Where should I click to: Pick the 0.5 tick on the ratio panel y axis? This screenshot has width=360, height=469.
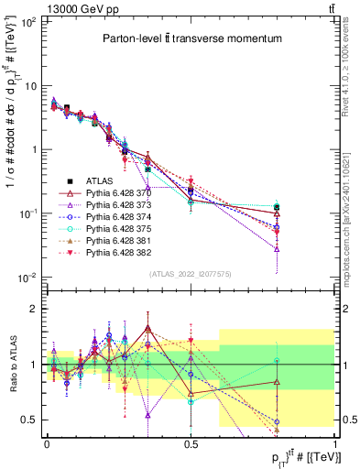tap(30, 420)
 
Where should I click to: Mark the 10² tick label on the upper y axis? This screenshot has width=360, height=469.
tap(27, 22)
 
